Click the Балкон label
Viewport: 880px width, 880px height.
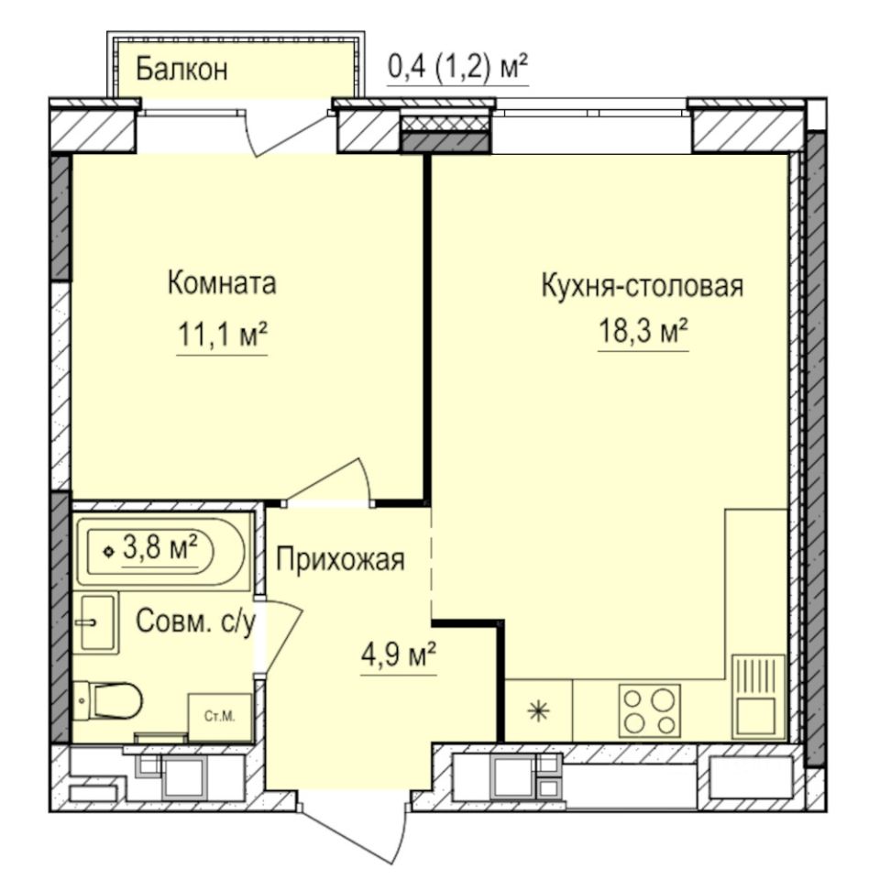pos(181,70)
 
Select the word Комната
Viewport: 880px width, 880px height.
pos(222,283)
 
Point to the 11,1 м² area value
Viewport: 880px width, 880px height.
pos(222,335)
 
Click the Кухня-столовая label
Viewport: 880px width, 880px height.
pos(643,286)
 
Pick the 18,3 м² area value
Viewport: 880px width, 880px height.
pos(643,331)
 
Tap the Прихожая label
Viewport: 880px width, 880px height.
pos(340,559)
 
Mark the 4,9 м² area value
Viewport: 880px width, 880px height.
pos(399,654)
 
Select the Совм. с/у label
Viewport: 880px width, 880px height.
pos(195,622)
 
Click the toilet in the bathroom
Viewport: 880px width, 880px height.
pos(107,700)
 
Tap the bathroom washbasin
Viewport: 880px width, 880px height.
pos(96,622)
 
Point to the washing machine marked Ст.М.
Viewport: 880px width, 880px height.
pos(219,717)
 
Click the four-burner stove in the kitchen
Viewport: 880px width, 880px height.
pos(649,710)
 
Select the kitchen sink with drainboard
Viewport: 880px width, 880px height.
pos(758,697)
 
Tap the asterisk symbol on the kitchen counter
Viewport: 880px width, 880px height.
pos(538,711)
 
